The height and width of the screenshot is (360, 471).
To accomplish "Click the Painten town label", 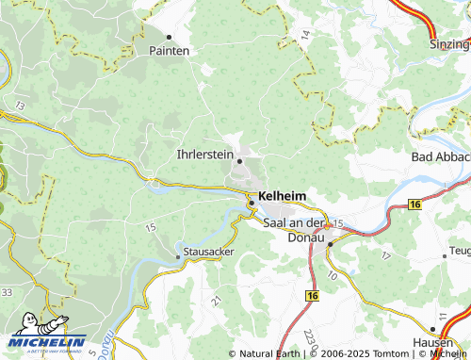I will click(170, 50).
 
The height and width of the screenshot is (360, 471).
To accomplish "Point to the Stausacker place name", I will click(209, 253).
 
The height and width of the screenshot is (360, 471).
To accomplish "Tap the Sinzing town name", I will click(448, 43).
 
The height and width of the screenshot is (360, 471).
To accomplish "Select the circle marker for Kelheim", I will click(252, 200).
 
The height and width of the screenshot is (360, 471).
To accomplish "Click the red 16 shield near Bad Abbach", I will click(414, 204).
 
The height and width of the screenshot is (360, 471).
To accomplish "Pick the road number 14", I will click(305, 34).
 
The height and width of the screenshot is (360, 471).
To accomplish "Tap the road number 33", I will click(7, 292).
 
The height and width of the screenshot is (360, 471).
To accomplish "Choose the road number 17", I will click(384, 255).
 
